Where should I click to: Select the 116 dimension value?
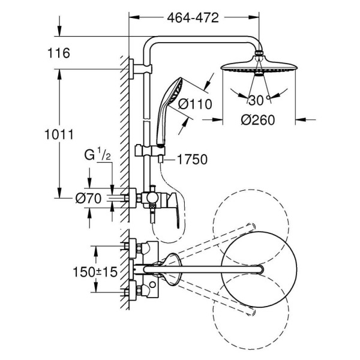click(59, 53)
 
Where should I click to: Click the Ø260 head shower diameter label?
click(258, 120)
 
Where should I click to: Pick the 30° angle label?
click(259, 100)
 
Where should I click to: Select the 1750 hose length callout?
click(192, 160)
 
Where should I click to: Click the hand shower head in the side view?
click(170, 95)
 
